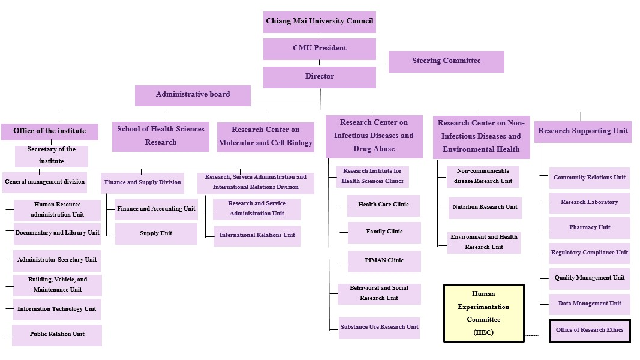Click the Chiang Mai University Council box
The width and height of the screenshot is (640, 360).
pos(319,22)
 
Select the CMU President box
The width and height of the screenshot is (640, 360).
pos(319,49)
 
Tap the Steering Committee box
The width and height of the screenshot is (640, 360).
pos(446,61)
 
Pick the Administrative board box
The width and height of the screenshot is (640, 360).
pos(193,95)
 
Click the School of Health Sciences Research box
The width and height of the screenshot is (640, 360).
pos(160,136)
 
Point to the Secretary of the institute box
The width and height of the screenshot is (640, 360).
pos(52,155)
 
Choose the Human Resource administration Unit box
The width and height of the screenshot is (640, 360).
pos(58,210)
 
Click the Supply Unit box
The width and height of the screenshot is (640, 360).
pos(156,233)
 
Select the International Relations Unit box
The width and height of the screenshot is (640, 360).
pos(257,236)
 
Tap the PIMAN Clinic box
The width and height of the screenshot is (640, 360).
pos(384,261)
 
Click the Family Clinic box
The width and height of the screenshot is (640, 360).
pos(384,232)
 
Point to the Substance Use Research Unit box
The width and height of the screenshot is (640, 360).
pos(379,328)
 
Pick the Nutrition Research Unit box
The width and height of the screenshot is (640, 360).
pos(485,208)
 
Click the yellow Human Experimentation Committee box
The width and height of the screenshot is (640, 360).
pos(483,313)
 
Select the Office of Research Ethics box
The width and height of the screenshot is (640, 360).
pos(590,331)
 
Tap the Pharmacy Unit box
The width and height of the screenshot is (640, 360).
pos(590,228)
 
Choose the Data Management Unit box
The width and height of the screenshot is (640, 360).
pos(590,304)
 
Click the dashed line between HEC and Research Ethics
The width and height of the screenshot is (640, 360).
pos(537,335)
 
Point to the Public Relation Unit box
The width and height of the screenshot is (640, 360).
pos(57,335)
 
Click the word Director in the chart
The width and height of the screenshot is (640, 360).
pos(319,77)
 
